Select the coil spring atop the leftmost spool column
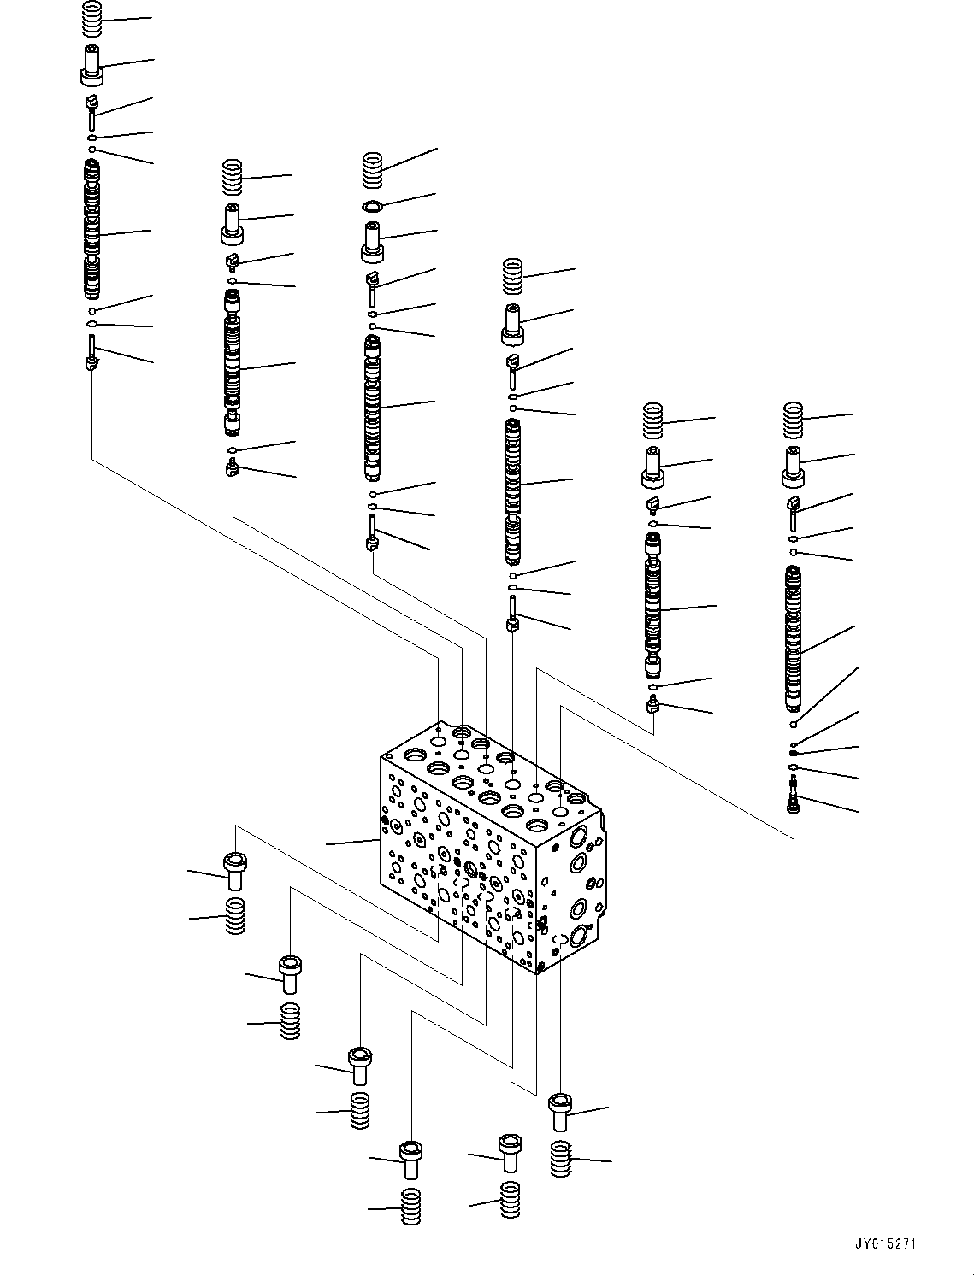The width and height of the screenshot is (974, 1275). tap(93, 17)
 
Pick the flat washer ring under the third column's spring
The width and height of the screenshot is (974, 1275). tap(372, 205)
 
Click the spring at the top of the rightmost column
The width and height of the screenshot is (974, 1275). tap(794, 419)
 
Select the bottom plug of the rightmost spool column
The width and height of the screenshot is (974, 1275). tap(794, 803)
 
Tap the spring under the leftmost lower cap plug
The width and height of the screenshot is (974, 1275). tap(234, 916)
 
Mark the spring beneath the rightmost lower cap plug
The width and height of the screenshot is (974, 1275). tap(560, 1159)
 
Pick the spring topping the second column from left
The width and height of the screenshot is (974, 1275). tap(232, 177)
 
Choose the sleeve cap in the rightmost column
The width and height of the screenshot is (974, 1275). tap(794, 466)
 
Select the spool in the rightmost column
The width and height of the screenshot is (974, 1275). tap(794, 637)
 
